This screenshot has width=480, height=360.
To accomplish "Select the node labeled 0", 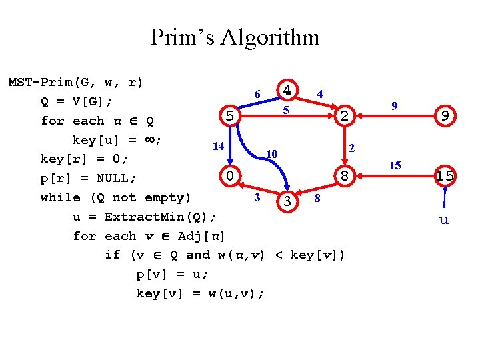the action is [x=229, y=177].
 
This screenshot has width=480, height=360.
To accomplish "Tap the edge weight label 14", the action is [x=217, y=146].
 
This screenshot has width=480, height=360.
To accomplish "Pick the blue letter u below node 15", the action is [x=444, y=219].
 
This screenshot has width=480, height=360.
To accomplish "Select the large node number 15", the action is [x=444, y=177].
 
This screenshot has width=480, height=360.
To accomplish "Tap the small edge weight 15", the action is [x=395, y=165].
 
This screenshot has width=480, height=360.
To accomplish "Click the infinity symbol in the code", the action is [x=152, y=140].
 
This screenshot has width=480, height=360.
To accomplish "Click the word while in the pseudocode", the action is [x=59, y=197].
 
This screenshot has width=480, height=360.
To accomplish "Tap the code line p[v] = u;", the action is [x=172, y=274].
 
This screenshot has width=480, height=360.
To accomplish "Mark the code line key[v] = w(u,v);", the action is [x=200, y=293].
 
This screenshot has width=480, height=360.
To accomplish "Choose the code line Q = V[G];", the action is [x=76, y=102].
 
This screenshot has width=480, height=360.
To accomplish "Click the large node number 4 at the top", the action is [x=287, y=89].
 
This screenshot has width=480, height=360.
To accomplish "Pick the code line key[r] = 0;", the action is [x=83, y=159].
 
